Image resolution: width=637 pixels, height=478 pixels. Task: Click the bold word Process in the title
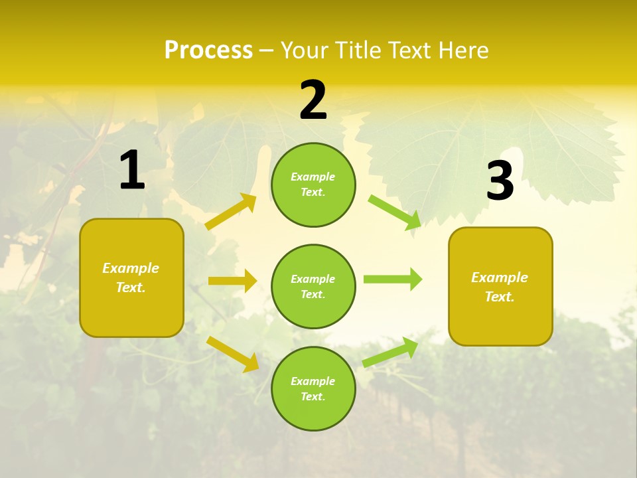pos(208,50)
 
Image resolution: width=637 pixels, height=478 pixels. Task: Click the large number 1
pos(132,171)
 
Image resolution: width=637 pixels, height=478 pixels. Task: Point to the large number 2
pos(313,100)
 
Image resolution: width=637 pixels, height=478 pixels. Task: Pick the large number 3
pos(500,181)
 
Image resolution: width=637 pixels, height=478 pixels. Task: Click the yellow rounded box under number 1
pos(131,312)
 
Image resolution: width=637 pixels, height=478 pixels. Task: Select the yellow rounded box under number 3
pos(500,322)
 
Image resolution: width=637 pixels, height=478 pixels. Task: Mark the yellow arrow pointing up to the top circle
pos(231,212)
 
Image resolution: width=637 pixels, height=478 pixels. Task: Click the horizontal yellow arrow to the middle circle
pos(232,281)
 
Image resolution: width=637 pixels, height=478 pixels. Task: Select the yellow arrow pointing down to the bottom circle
pos(232,353)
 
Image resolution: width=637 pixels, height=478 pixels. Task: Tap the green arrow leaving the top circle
pos(395,212)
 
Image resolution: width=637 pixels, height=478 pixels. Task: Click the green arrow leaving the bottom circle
pos(390,353)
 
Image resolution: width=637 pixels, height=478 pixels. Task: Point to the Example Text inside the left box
pos(131,278)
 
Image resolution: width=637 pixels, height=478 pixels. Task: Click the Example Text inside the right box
pos(500,287)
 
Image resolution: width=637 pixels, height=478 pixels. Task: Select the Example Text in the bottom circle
pos(313,389)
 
